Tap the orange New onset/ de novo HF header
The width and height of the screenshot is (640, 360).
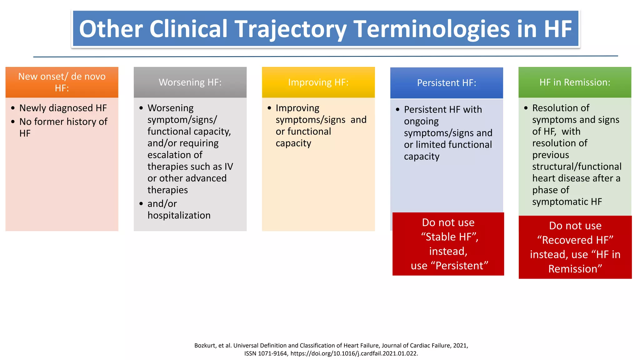point(62,82)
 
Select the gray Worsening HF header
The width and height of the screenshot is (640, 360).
point(190,82)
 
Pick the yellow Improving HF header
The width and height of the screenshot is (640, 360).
point(318,82)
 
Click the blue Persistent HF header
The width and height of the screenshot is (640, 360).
point(447,83)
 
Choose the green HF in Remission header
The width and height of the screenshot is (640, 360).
point(575,82)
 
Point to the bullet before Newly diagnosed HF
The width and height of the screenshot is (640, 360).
point(13,108)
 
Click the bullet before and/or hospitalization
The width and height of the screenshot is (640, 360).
point(141,204)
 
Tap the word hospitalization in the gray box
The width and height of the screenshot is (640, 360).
point(179,215)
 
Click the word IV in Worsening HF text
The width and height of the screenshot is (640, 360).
point(228,167)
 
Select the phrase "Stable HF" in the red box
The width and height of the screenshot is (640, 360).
point(449,237)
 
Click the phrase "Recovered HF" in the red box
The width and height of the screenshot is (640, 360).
point(575,240)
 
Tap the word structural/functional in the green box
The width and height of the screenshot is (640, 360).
point(577,167)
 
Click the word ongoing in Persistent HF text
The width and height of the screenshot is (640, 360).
point(421,121)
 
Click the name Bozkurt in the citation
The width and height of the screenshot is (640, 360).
point(205,345)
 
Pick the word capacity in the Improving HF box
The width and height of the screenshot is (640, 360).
point(293,143)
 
